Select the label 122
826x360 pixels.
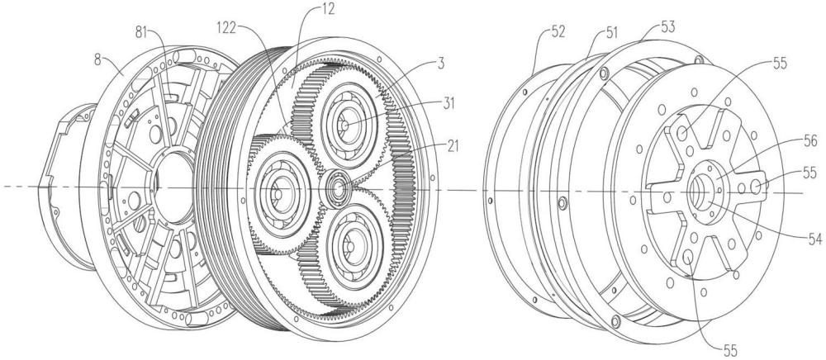coord(226,28)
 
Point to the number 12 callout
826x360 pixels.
coord(328,9)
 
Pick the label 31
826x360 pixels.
coord(449,104)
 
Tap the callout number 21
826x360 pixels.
coord(453,146)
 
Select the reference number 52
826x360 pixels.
coord(558,32)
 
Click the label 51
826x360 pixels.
coord(611,33)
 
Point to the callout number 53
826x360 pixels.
coord(668,27)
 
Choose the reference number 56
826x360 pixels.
coord(811,141)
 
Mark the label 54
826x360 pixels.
coord(815,239)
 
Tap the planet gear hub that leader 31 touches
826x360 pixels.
coord(345,126)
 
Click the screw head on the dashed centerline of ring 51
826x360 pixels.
coord(562,201)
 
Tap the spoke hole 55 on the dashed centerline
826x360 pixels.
coord(755,185)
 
